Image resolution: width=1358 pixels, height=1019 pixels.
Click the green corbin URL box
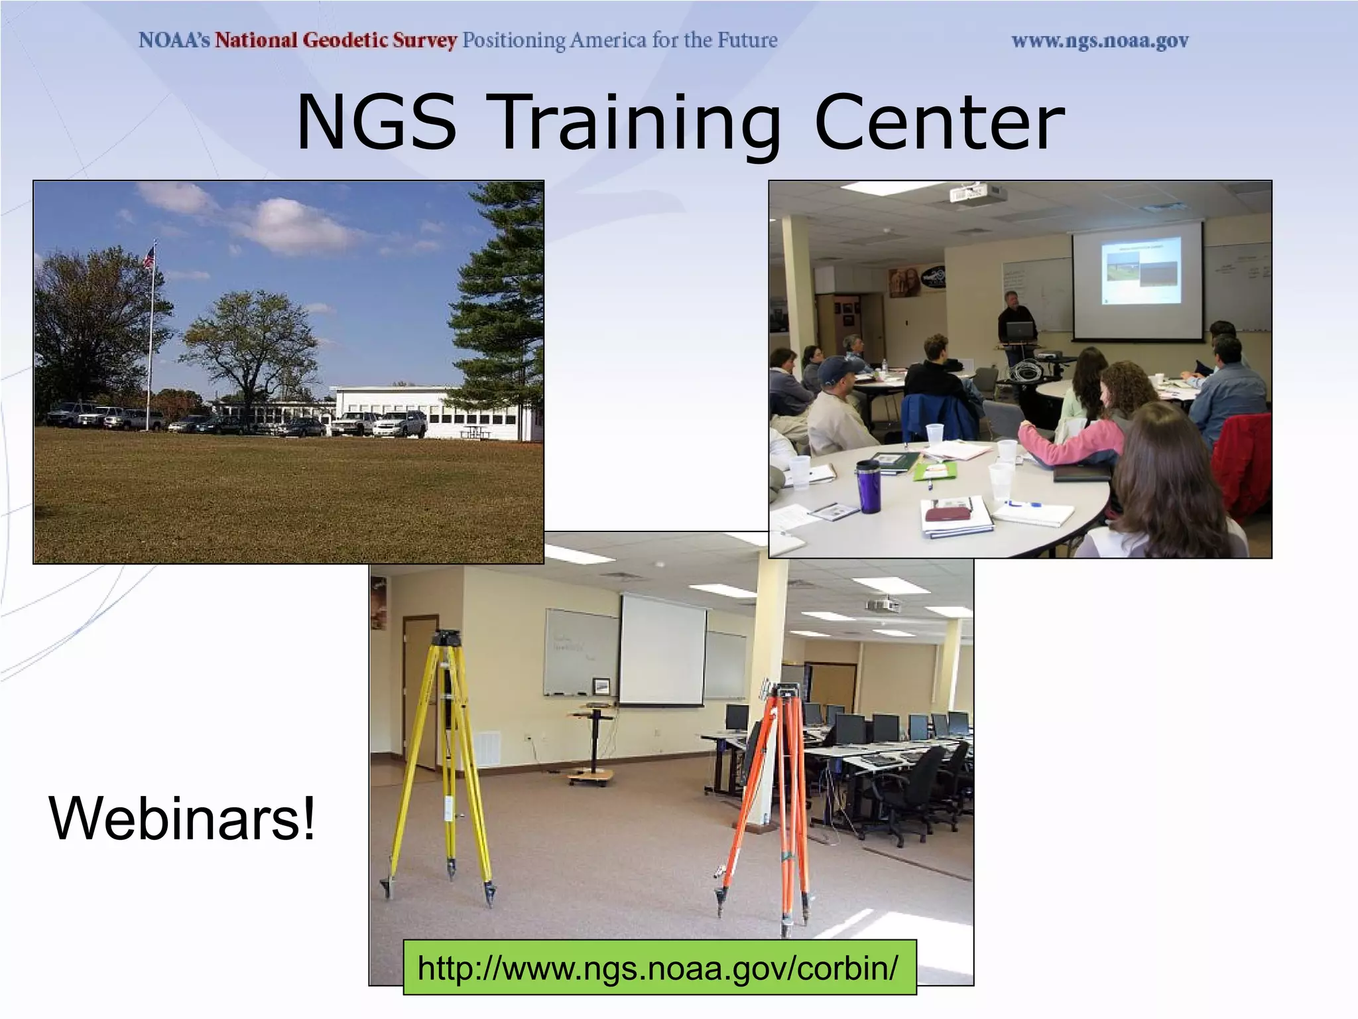pos(659,967)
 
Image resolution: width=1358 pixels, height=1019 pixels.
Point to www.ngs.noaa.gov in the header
pos(1099,41)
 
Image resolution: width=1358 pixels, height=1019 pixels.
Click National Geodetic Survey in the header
pos(336,40)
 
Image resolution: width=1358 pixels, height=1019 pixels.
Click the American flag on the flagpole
pos(150,257)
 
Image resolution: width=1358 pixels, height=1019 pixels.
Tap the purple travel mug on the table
pos(869,487)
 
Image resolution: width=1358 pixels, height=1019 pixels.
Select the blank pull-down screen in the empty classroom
pos(661,650)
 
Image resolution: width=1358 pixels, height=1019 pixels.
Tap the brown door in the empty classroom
pos(420,690)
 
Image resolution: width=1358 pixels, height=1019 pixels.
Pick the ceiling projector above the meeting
pos(977,194)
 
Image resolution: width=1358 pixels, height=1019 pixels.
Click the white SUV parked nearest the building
pos(401,424)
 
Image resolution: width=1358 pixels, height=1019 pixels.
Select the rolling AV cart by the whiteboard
pos(592,743)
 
